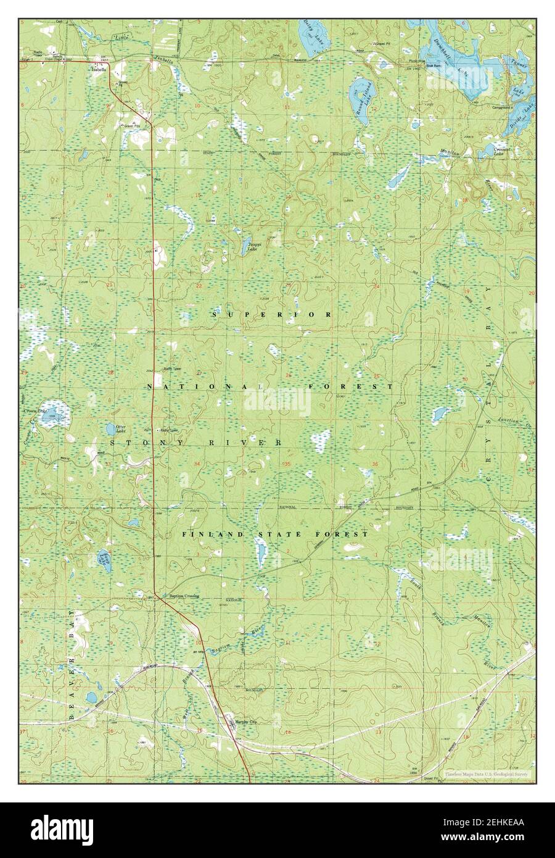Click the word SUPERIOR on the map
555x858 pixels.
(x=272, y=315)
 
